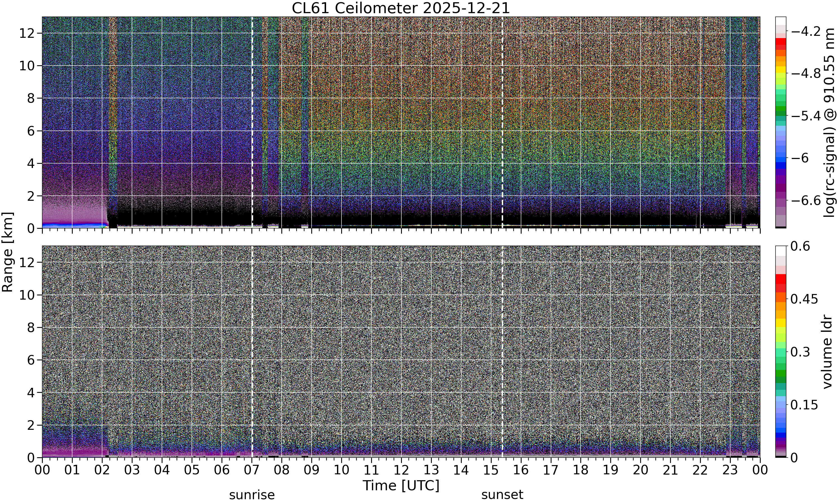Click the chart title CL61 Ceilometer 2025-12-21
[401, 8]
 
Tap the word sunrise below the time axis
[252, 495]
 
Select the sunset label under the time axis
[502, 495]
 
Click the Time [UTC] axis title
[401, 486]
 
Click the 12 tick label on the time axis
[401, 470]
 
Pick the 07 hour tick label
[252, 470]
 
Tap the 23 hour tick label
[730, 470]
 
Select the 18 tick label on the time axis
[581, 470]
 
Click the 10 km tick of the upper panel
[27, 66]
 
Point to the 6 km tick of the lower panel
[31, 360]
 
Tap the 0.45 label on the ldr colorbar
[804, 299]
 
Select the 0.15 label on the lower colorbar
[804, 405]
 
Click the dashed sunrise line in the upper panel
[252, 122]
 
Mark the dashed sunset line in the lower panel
[502, 351]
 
